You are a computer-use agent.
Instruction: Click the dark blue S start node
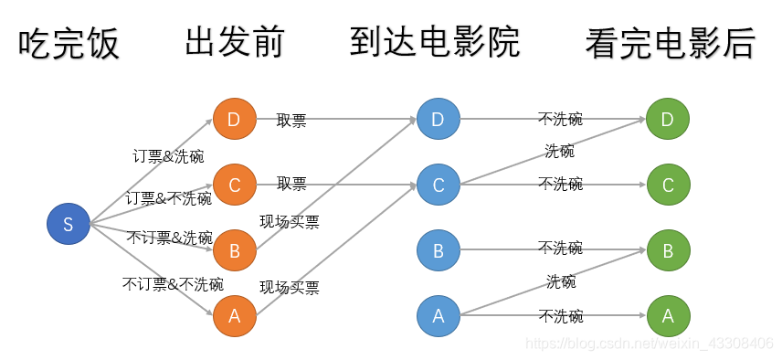[68, 224]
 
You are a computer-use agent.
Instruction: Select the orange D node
[234, 119]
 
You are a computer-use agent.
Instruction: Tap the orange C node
[234, 185]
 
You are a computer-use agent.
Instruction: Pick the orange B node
[234, 250]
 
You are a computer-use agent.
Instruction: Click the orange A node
[234, 316]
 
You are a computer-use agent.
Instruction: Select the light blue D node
[439, 119]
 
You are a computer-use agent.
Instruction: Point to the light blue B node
[439, 250]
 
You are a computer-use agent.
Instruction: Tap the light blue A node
[439, 316]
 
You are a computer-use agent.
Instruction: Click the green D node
[667, 119]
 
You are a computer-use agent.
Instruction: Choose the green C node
[667, 185]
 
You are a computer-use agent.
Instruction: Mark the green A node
[667, 316]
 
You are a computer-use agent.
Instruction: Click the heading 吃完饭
[69, 44]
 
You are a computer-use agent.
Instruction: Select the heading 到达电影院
[434, 42]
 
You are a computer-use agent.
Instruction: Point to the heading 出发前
[235, 42]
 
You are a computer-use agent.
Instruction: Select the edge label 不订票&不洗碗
[173, 284]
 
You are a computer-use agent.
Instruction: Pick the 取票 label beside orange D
[291, 119]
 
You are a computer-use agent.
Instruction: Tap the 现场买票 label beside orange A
[290, 288]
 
